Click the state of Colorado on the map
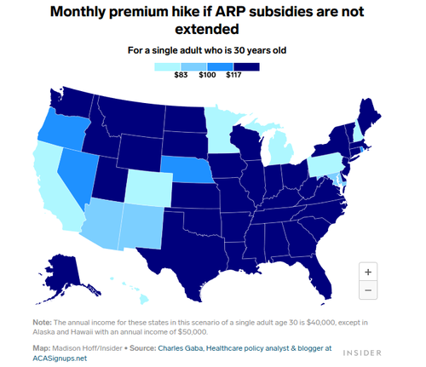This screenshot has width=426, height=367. tap(148, 188)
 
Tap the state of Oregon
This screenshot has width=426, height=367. tap(63, 130)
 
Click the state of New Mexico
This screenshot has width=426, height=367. tap(141, 227)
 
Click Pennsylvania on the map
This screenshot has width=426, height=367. tap(325, 164)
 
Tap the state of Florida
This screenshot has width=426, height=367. tap(318, 274)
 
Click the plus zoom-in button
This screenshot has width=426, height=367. tap(368, 272)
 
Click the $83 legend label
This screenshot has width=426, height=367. tap(181, 75)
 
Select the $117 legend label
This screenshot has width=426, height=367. tap(233, 75)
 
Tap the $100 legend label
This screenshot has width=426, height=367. tap(207, 75)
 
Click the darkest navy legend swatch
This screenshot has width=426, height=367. tap(246, 66)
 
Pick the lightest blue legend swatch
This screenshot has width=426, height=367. tap(167, 66)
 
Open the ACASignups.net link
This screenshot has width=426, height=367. tap(60, 358)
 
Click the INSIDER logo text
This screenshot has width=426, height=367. tap(362, 353)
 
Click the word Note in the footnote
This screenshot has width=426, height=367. tap(42, 323)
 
